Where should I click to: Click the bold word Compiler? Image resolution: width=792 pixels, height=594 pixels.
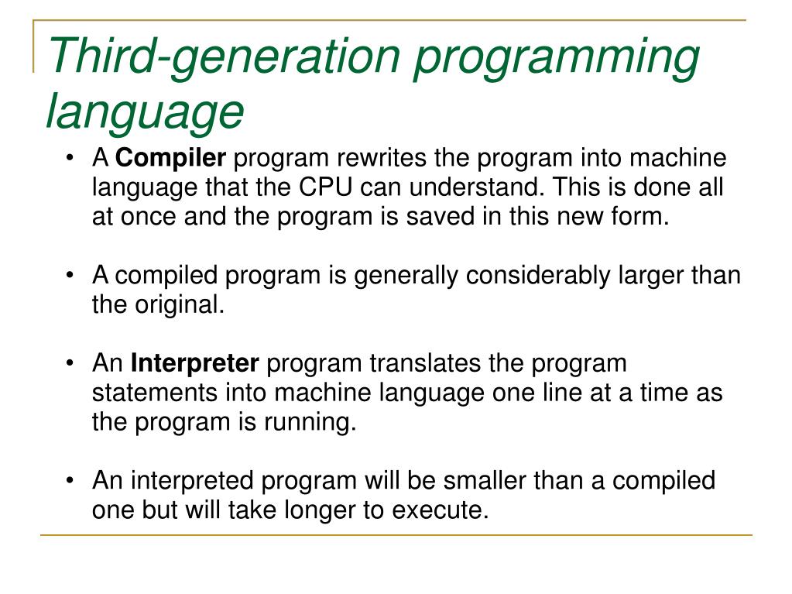[x=171, y=159]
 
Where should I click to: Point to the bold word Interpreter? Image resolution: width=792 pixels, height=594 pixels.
[x=196, y=362]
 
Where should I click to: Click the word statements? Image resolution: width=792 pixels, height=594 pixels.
[x=156, y=393]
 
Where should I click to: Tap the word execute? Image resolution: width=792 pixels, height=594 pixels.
[x=441, y=510]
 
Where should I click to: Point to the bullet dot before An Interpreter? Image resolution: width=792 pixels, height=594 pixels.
[x=71, y=363]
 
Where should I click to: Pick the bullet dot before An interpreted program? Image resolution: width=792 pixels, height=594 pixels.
[x=71, y=482]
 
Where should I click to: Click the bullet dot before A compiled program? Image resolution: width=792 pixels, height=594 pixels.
[x=71, y=276]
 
